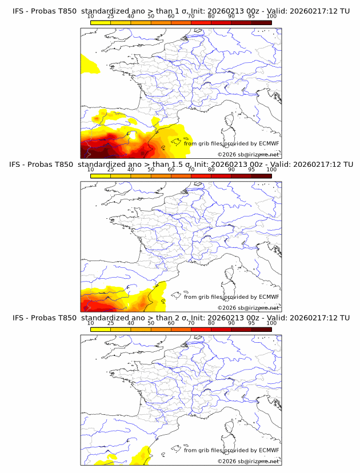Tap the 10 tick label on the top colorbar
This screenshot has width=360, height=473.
pyautogui.click(x=90, y=16)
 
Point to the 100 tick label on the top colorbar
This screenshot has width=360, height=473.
pyautogui.click(x=271, y=16)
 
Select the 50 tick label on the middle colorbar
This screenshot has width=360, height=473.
pyautogui.click(x=151, y=170)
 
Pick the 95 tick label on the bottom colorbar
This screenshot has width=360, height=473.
pyautogui.click(x=251, y=323)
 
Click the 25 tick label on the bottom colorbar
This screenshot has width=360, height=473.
pyautogui.click(x=110, y=323)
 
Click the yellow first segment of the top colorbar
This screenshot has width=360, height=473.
pyautogui.click(x=101, y=22)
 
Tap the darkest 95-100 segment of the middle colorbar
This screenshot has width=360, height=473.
pyautogui.click(x=262, y=175)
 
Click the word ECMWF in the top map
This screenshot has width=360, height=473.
pyautogui.click(x=269, y=144)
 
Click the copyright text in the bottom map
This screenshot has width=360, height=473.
pyautogui.click(x=248, y=461)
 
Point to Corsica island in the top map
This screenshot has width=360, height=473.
pyautogui.click(x=231, y=121)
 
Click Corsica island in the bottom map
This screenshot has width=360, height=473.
pyautogui.click(x=231, y=427)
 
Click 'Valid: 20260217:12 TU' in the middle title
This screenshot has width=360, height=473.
pyautogui.click(x=311, y=165)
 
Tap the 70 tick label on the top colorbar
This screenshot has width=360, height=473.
pyautogui.click(x=191, y=16)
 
